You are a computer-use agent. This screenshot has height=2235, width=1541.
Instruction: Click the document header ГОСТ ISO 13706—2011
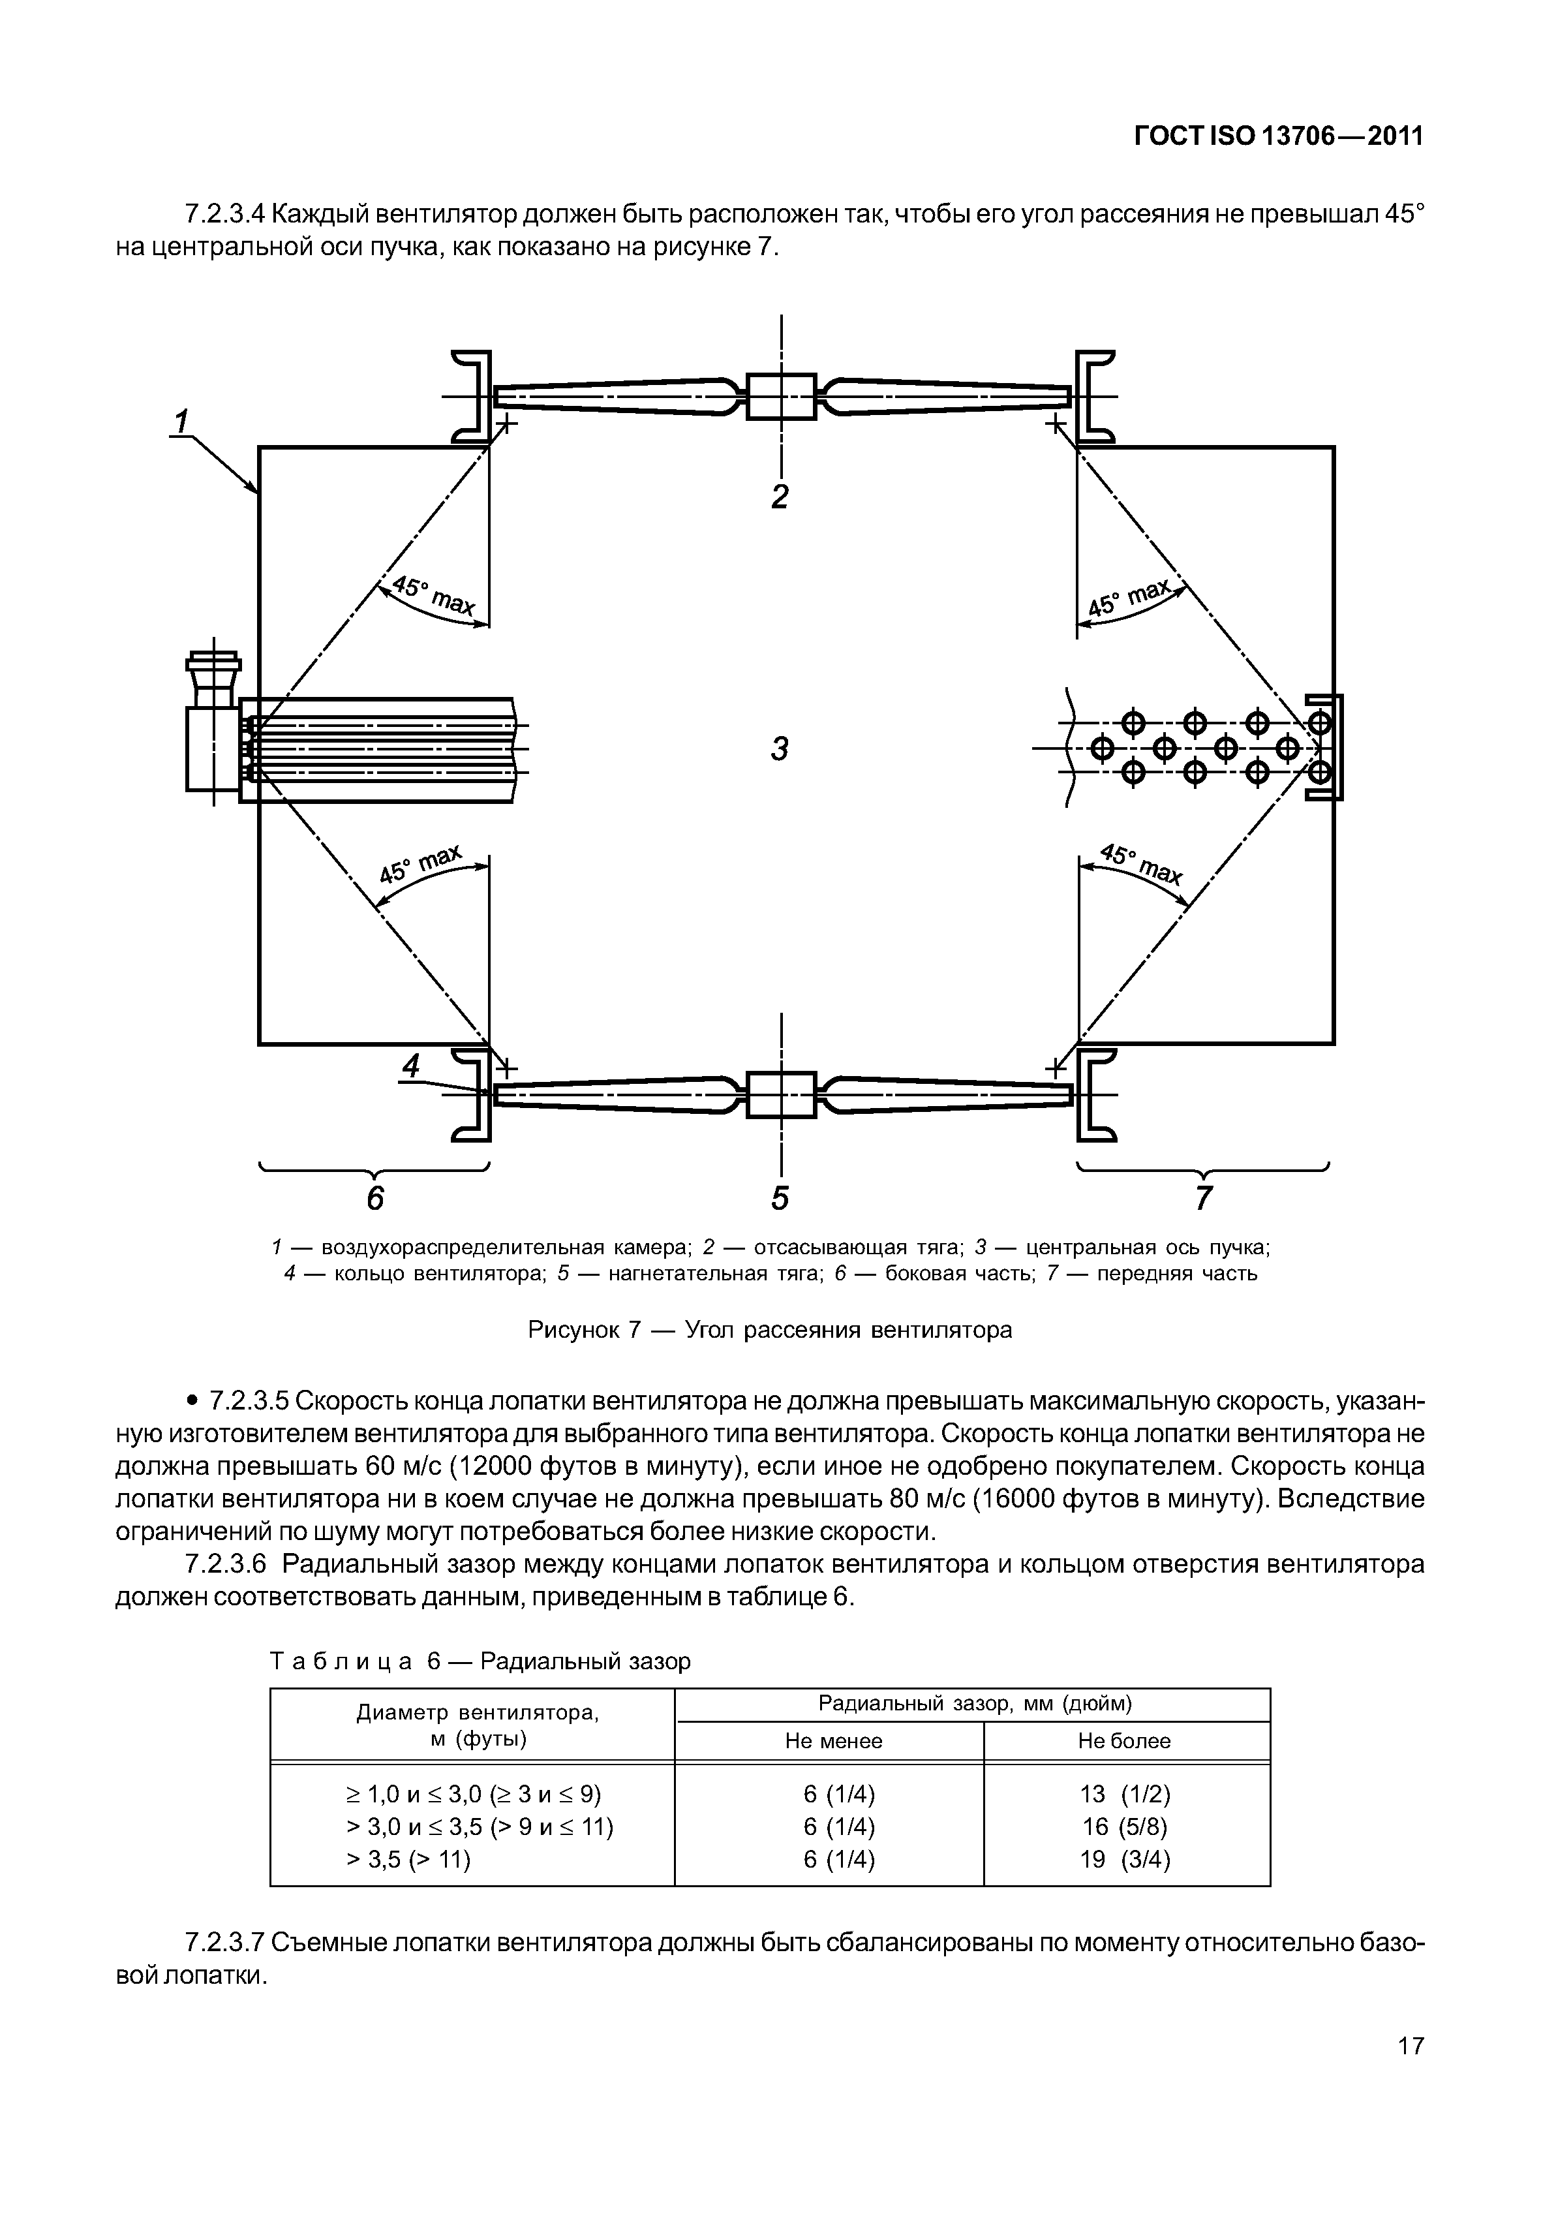[1278, 137]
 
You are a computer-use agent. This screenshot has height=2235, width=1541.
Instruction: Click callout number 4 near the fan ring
[411, 1066]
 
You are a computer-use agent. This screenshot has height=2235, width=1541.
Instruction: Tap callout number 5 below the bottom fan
[780, 1197]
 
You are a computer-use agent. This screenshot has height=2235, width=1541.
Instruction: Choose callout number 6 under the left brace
[374, 1197]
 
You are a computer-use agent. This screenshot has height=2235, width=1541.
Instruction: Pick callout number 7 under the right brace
[1203, 1197]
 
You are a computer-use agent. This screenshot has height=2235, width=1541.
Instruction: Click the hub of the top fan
[781, 396]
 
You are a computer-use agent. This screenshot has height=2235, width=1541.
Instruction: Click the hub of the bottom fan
[781, 1094]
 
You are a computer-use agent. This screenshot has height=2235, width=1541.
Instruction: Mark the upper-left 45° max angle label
[431, 596]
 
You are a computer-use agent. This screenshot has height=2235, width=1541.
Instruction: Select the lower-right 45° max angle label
[1141, 865]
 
